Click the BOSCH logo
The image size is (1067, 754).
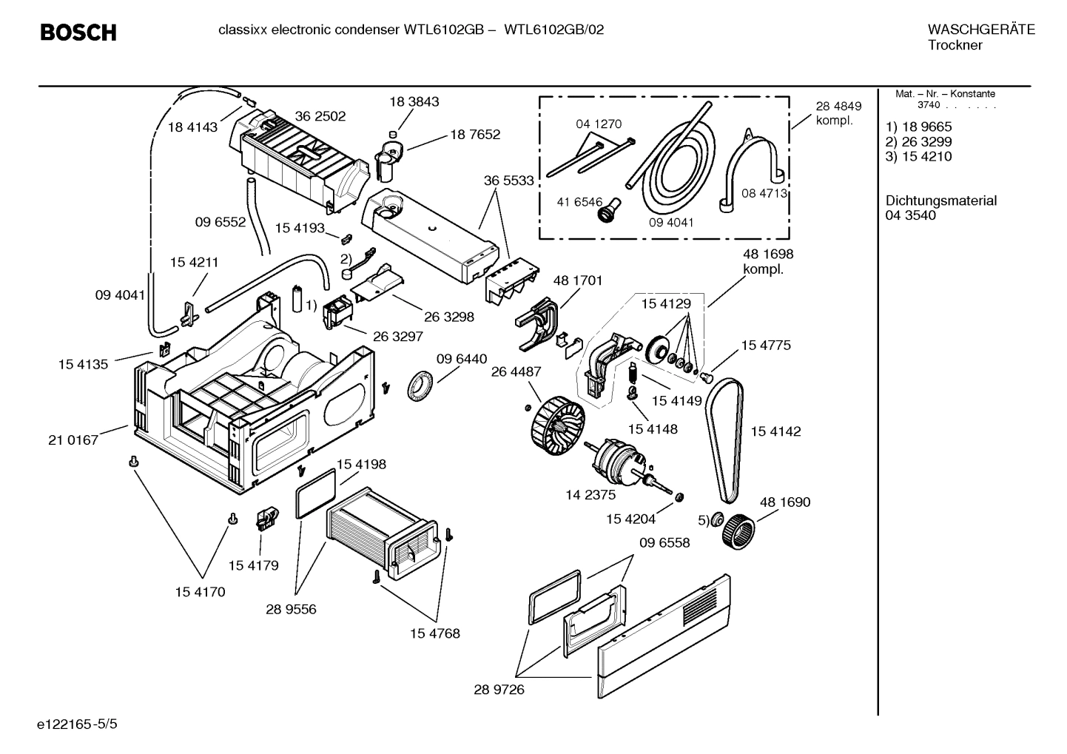click(78, 33)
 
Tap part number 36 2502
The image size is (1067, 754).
click(320, 116)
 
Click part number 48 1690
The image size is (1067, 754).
click(785, 502)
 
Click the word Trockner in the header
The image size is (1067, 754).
click(955, 46)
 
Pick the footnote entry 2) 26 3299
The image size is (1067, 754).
click(918, 142)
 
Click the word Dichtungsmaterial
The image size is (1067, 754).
click(940, 201)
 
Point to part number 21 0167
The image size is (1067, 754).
click(73, 440)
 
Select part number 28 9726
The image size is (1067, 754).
click(499, 690)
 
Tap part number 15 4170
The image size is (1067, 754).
click(201, 592)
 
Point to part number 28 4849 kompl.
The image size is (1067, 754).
click(838, 113)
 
